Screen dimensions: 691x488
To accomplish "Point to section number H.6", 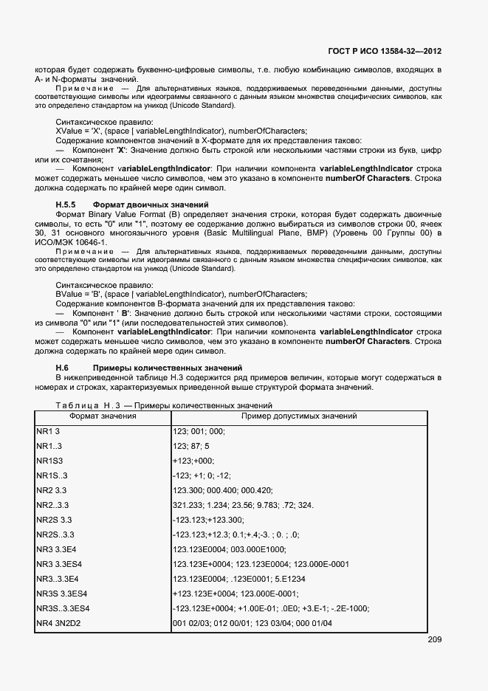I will pyautogui.click(x=62, y=368).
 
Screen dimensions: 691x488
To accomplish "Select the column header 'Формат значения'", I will pyautogui.click(x=103, y=416).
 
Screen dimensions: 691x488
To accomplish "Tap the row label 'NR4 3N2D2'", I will pyautogui.click(x=58, y=624).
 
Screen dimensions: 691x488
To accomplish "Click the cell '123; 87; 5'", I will pyautogui.click(x=191, y=446).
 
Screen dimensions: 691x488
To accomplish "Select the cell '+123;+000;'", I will pyautogui.click(x=195, y=461).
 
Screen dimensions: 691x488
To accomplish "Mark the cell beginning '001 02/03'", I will pyautogui.click(x=252, y=624).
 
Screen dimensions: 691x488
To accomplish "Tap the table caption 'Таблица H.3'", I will pyautogui.click(x=81, y=405).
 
